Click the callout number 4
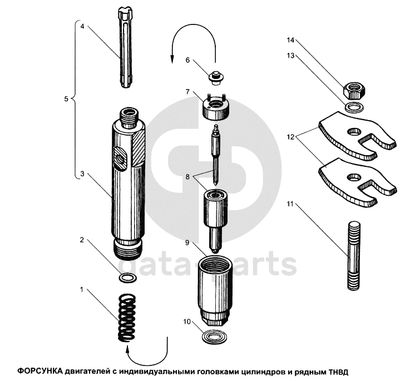tap(82, 26)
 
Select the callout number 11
tap(290, 204)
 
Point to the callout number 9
tap(187, 243)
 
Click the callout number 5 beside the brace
tap(66, 99)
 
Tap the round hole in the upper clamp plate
tap(352, 132)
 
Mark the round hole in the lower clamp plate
tap(352, 177)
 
